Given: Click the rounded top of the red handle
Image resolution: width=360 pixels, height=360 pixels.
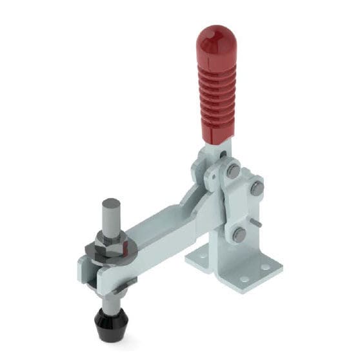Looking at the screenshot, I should (x=212, y=37).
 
